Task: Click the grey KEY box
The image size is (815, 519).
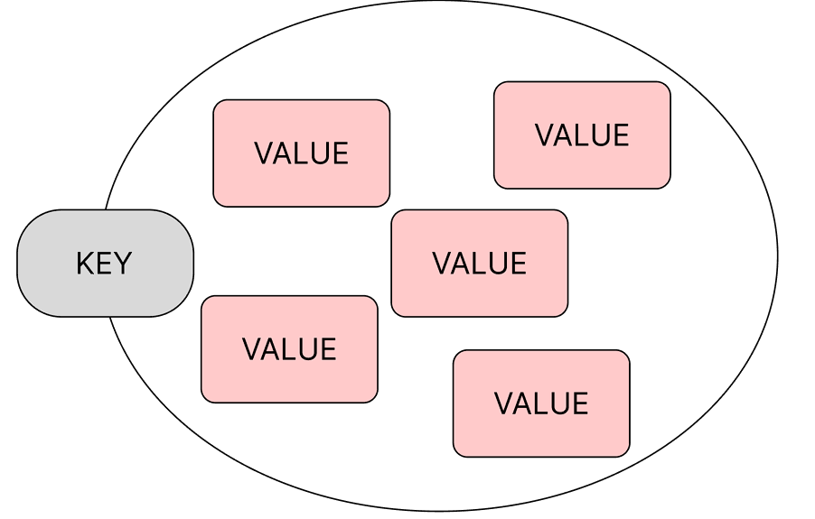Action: (105, 263)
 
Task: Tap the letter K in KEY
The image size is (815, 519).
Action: (84, 264)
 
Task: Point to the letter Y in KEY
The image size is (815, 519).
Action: (124, 264)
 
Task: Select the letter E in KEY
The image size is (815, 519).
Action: (104, 264)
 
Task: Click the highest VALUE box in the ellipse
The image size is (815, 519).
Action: (582, 134)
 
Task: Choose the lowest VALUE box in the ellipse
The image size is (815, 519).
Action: (541, 403)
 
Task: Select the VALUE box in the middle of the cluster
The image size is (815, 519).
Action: (479, 263)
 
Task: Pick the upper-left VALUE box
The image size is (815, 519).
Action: (301, 153)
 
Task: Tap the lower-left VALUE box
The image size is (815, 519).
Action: (289, 348)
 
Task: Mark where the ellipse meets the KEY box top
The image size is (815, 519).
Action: (107, 210)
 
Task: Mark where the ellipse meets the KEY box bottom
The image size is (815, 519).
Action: (109, 317)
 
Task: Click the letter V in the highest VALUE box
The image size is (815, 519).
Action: (544, 135)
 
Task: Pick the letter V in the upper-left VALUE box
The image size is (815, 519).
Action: (263, 153)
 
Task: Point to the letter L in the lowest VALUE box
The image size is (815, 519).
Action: (540, 403)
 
